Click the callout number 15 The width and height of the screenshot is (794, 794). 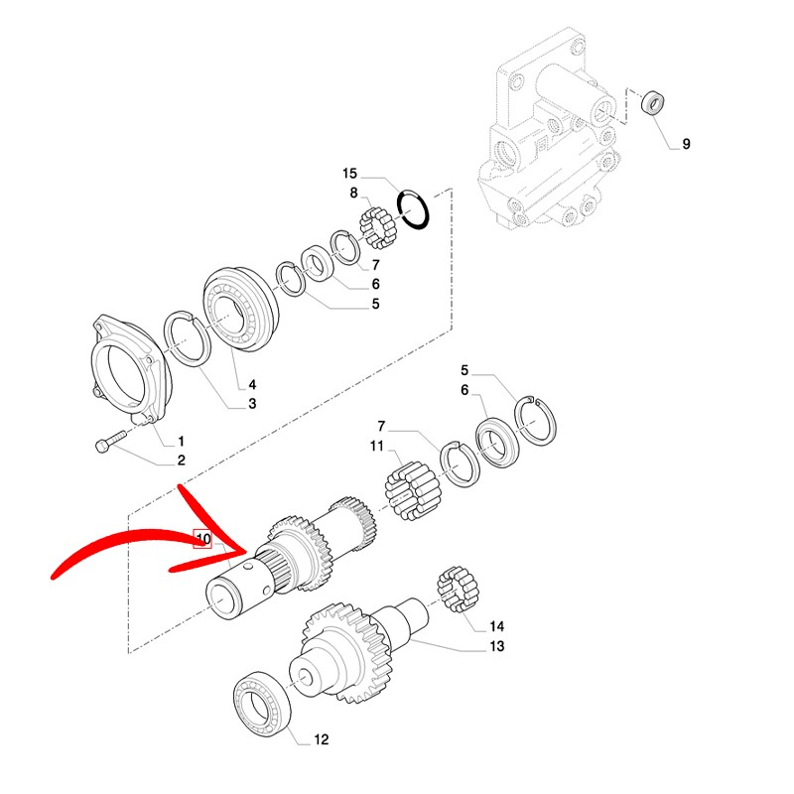click(x=349, y=173)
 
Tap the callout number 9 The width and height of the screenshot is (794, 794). click(x=685, y=145)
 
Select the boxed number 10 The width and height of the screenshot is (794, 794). click(x=202, y=539)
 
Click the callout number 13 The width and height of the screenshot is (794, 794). click(x=496, y=647)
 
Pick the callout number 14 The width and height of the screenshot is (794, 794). click(x=496, y=626)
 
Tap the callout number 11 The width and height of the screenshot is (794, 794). click(x=377, y=448)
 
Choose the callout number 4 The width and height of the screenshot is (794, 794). click(x=251, y=385)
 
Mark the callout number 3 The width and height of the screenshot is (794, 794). click(x=252, y=404)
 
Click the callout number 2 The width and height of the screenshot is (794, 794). click(x=181, y=460)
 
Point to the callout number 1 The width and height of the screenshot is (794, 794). click(x=181, y=440)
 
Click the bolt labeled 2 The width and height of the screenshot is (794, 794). click(x=109, y=442)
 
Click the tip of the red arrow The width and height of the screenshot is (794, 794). click(x=247, y=549)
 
